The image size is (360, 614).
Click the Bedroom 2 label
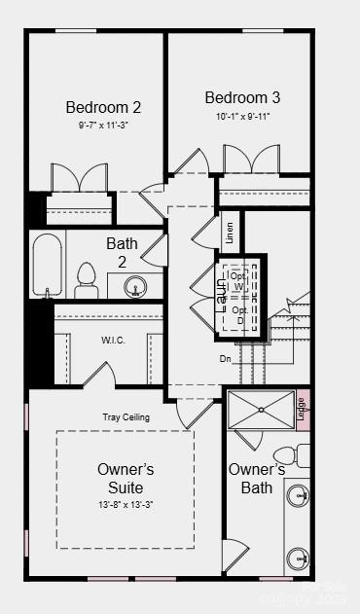104,107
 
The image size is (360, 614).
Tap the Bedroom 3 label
243,97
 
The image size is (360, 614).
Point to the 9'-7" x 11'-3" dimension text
104,126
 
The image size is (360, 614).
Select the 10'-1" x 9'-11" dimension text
243,117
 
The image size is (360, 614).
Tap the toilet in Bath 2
87,279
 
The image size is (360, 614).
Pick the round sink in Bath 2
135,286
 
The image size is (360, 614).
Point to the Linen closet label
230,233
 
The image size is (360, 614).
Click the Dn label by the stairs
225,357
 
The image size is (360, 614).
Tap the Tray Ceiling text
126,417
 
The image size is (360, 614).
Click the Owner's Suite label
126,478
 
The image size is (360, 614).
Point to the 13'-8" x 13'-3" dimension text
126,504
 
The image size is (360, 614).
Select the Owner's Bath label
257,479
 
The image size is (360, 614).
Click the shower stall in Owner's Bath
261,409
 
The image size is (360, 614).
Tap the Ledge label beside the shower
301,410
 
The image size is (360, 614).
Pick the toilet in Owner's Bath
289,455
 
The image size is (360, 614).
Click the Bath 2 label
123,252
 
